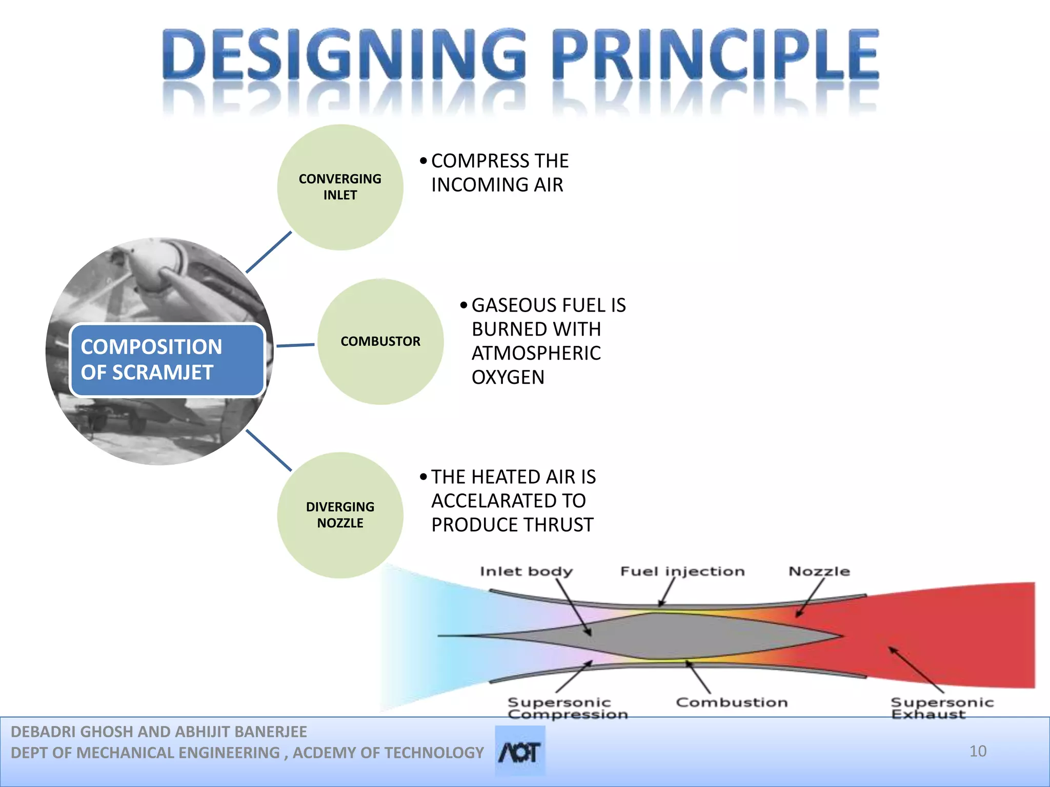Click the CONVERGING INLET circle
[x=340, y=188]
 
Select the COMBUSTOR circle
[x=380, y=342]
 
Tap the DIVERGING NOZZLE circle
[x=340, y=515]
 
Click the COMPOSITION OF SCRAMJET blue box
[x=167, y=360]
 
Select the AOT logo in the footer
[x=519, y=752]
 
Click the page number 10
[x=978, y=751]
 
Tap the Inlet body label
[x=526, y=571]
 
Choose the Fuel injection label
[x=682, y=571]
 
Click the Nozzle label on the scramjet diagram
[x=819, y=571]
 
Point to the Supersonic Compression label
[x=567, y=708]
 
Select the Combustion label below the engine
[x=732, y=702]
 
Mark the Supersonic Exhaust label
[x=941, y=708]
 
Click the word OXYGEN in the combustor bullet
[x=508, y=378]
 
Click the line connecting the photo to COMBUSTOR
[x=295, y=345]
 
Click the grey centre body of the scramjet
[x=667, y=636]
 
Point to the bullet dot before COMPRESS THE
[x=423, y=161]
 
